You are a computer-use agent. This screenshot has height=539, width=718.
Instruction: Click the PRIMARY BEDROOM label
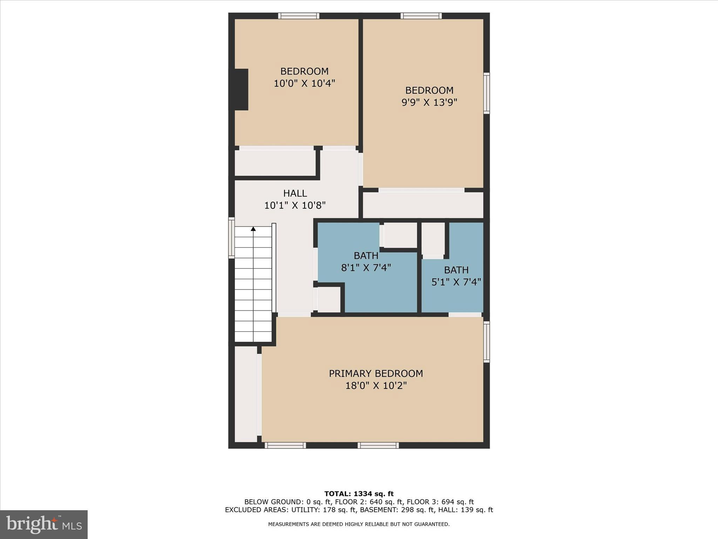coord(376,373)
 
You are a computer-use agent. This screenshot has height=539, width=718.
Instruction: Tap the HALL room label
coord(295,193)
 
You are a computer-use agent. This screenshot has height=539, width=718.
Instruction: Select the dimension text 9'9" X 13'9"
coord(429,102)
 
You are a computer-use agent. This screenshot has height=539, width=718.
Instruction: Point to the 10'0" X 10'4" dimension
coord(304,84)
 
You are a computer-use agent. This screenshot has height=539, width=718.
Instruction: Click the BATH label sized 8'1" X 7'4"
coord(366,255)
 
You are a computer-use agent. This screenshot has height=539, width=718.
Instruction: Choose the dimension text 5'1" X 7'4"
coord(456,282)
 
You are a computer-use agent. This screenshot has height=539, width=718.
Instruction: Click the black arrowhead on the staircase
coord(253,229)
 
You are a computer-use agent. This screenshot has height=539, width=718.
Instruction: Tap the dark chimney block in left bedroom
coord(240,89)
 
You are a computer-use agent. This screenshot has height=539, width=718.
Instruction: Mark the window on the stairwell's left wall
coord(231,238)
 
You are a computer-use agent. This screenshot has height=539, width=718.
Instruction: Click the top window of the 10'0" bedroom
coord(299,16)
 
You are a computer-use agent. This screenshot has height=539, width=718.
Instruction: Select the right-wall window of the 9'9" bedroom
coord(486,93)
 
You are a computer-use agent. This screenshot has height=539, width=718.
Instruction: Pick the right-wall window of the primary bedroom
coord(486,342)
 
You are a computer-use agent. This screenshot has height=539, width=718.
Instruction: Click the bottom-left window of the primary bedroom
coord(285,445)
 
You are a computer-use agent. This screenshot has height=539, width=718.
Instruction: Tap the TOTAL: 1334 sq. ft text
coord(359,494)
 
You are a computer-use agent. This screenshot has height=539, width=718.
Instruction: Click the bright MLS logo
coord(44,524)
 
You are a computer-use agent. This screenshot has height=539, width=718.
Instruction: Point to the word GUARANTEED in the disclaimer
coord(434,524)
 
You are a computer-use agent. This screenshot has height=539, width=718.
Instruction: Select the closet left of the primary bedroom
coord(246,394)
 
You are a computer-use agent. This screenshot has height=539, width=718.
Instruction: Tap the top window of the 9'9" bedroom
coord(421,16)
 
